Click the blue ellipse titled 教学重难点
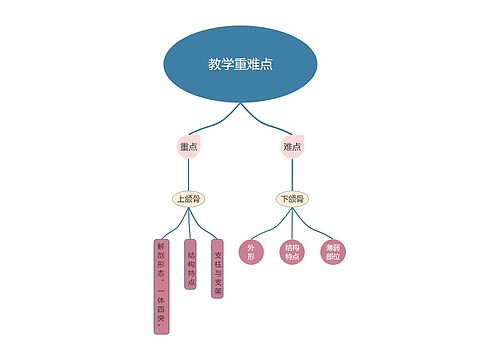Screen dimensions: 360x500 click(240, 64)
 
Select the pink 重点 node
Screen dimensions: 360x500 click(188, 147)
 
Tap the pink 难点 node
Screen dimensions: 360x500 click(292, 147)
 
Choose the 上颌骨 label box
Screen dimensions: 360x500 click(188, 199)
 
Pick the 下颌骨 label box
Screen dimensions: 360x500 click(292, 199)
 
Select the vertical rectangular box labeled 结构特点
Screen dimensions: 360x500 click(190, 265)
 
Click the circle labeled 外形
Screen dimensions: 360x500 click(252, 251)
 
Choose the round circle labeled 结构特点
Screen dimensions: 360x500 click(292, 251)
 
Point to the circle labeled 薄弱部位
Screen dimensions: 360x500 click(332, 251)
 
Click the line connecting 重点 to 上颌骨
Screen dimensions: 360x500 click(188, 175)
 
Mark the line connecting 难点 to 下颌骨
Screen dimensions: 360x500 click(292, 175)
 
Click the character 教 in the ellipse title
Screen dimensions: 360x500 click(214, 64)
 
